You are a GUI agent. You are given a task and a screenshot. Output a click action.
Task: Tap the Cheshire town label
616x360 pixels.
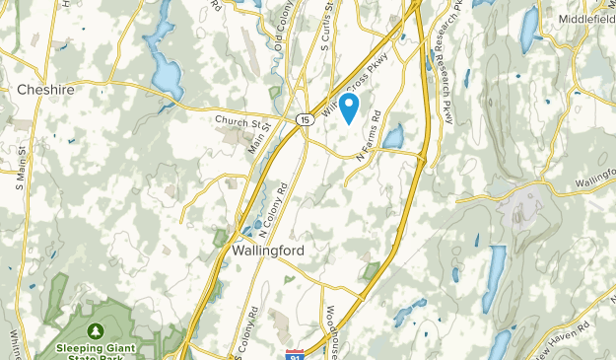point(45,90)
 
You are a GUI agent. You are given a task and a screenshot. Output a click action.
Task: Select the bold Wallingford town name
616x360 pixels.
point(267,251)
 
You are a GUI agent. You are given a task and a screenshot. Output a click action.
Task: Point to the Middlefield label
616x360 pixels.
point(585,19)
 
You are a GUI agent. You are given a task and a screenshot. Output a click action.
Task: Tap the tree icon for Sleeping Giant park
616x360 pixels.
point(97,330)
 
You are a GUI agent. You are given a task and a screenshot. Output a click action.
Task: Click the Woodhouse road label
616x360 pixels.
point(331,341)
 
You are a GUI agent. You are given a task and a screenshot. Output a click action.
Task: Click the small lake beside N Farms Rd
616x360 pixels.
point(394,136)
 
